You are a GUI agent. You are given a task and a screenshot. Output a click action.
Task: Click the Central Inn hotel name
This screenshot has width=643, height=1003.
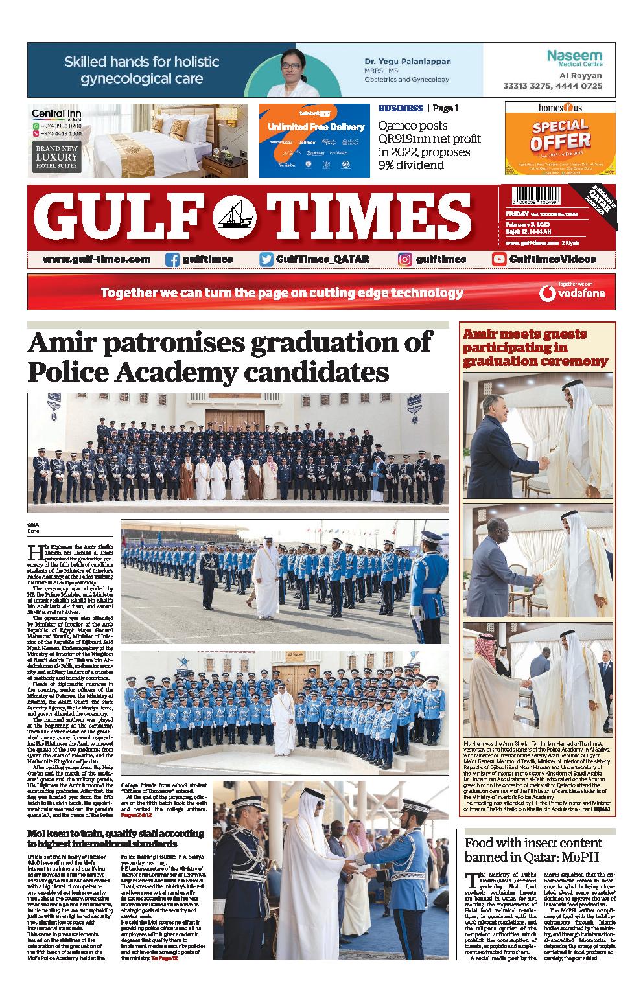tap(56, 114)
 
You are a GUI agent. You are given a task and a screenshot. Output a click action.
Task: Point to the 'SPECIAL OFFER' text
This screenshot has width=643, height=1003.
tap(561, 133)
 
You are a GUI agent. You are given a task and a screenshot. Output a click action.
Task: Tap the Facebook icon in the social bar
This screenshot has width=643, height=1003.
tap(172, 259)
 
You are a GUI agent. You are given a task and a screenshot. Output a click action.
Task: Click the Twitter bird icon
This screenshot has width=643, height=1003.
tap(266, 259)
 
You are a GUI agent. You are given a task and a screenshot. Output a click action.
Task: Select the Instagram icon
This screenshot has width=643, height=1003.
tap(405, 259)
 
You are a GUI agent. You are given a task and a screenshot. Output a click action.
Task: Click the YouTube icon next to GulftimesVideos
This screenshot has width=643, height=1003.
tap(499, 259)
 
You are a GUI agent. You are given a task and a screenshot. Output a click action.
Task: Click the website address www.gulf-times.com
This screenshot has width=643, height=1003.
tap(97, 259)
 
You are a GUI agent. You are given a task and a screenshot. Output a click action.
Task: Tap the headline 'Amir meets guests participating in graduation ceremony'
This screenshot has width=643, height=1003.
tap(535, 347)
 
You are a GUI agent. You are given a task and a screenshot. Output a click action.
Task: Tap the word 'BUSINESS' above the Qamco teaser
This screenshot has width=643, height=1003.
tap(400, 109)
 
